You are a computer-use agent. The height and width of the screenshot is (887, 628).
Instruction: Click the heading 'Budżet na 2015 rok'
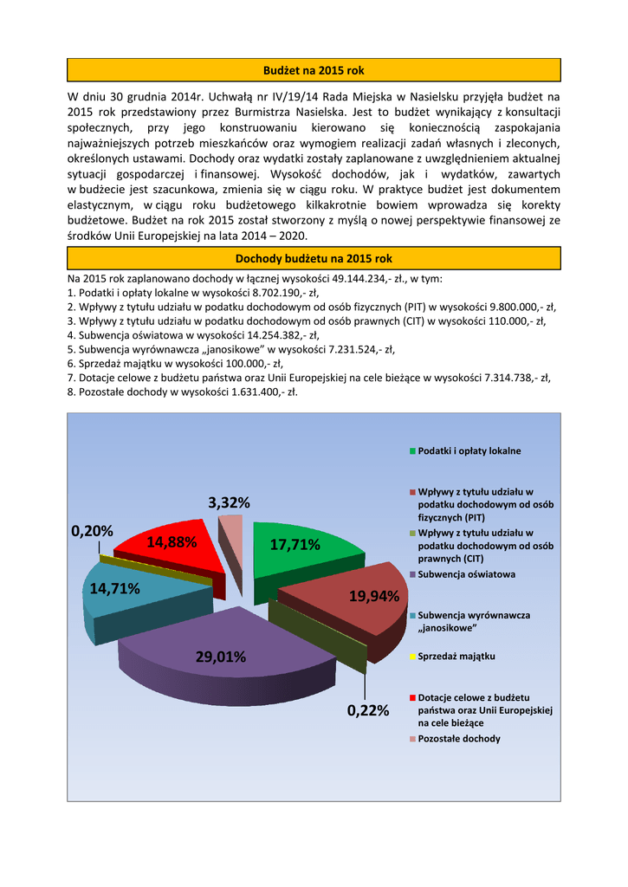coord(314,69)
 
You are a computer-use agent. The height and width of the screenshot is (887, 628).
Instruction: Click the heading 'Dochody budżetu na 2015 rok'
coord(314,258)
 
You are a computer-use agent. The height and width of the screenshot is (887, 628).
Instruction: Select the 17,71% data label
coord(295,545)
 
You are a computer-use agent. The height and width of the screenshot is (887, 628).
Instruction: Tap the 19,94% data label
coord(374,596)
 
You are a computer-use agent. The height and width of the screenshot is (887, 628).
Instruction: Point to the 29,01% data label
coord(221,657)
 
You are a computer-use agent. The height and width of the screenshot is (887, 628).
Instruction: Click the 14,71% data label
coord(115,589)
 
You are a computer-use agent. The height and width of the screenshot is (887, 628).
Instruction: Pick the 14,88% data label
coord(172,542)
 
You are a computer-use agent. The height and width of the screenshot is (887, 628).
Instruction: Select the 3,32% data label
coord(230,502)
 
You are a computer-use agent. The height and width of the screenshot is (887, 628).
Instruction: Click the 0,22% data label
coord(368,710)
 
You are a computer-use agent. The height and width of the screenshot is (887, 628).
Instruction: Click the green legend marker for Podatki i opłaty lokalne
coord(412,451)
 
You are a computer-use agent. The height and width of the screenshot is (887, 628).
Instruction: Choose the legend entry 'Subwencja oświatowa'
coord(466,574)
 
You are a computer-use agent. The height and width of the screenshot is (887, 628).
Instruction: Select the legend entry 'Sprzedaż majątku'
coord(456,657)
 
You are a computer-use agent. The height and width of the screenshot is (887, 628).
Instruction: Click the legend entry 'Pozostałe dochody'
coord(458,739)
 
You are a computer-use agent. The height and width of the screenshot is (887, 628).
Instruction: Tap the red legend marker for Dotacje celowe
coord(412,697)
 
